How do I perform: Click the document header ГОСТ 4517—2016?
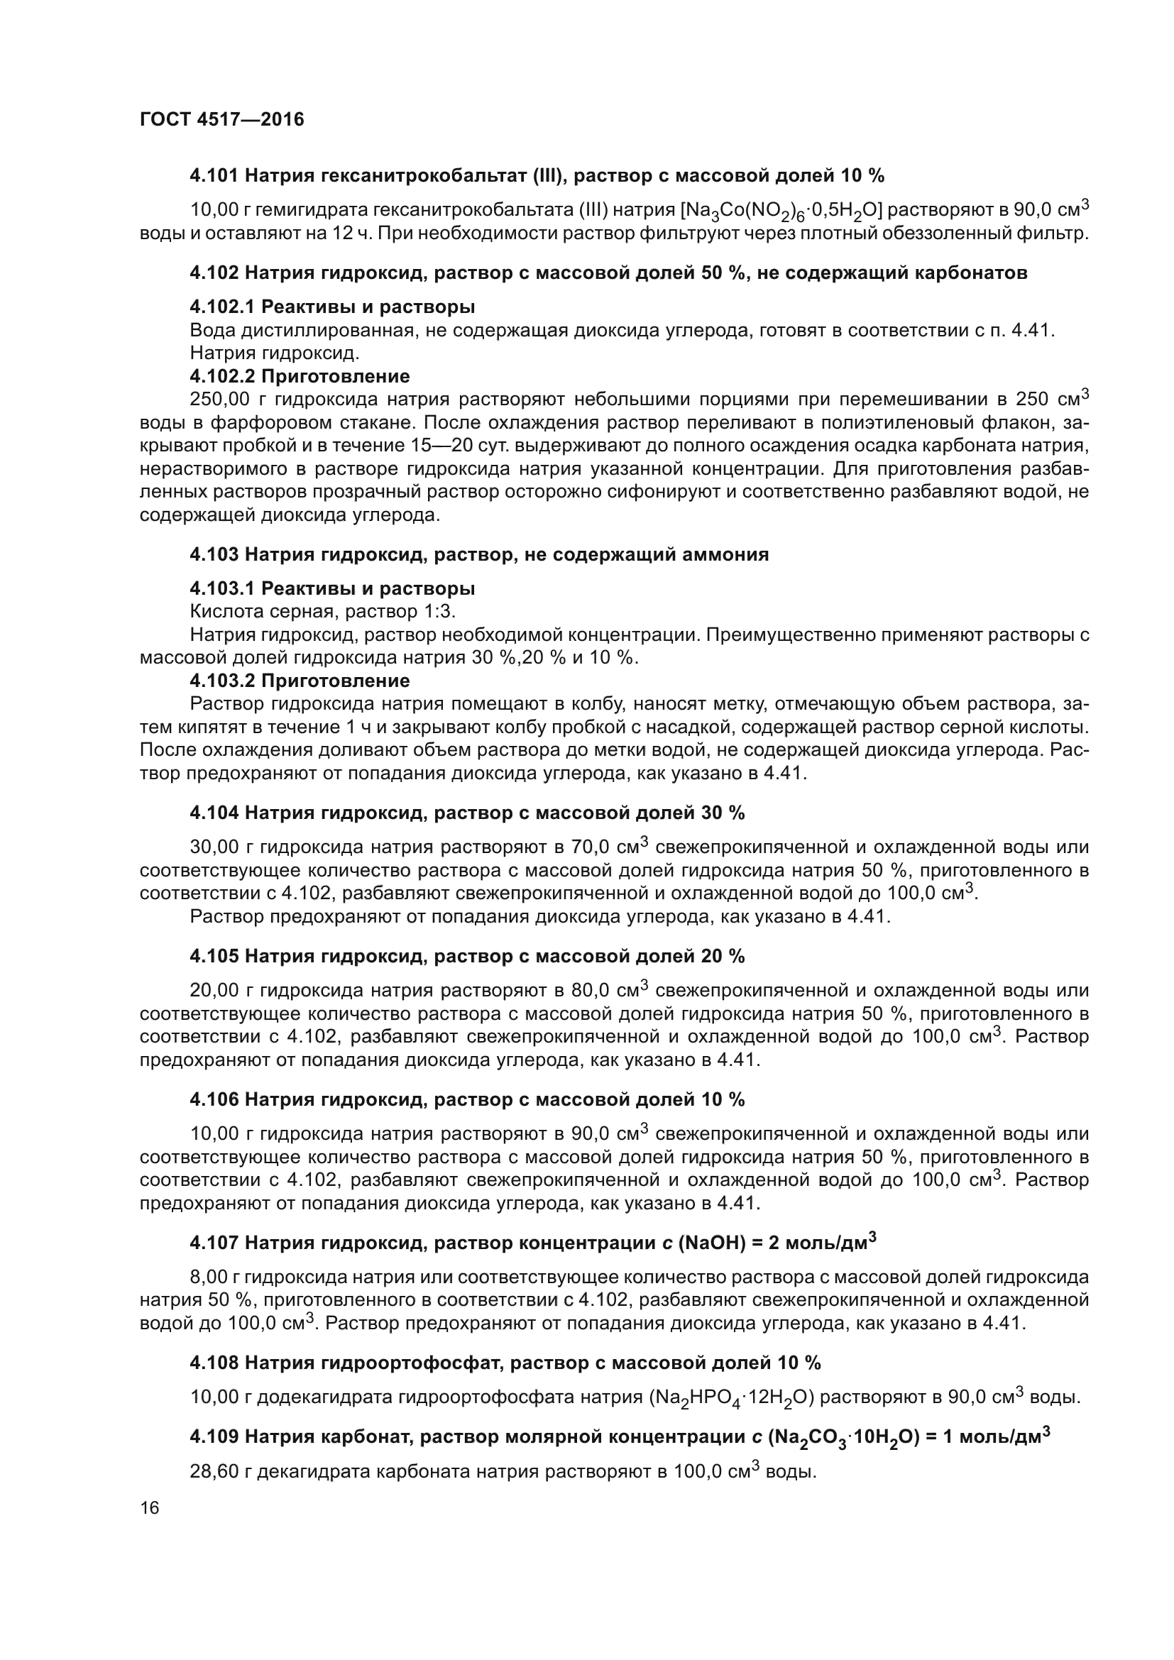coord(222,119)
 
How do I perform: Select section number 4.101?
coord(214,176)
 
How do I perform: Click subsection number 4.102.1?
coord(222,307)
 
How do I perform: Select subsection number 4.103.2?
coord(222,681)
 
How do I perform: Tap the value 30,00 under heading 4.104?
coord(213,847)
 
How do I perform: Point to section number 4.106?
coord(214,1099)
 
